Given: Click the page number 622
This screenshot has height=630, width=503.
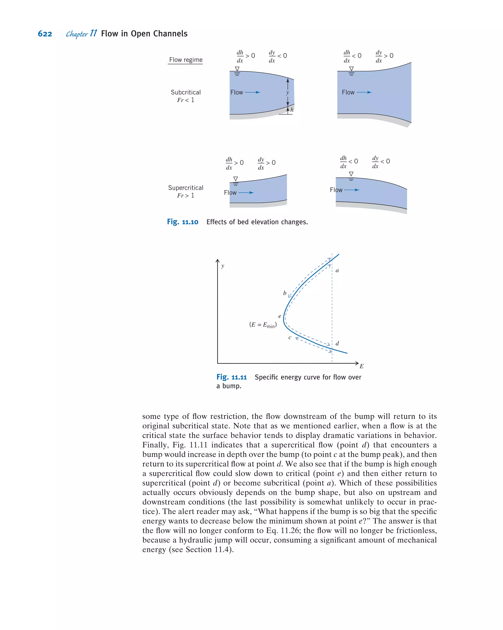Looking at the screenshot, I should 45,34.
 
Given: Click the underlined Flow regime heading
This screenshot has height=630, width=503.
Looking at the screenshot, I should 186,60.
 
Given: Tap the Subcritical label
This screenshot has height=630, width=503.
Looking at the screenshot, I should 186,92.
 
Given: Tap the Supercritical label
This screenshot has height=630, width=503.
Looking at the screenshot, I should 186,188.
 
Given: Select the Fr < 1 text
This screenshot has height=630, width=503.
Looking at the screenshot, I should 186,100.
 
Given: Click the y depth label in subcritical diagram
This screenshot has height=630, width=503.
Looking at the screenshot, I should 288,93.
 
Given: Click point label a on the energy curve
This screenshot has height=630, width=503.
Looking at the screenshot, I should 337,271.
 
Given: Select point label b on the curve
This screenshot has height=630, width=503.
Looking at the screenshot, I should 285,293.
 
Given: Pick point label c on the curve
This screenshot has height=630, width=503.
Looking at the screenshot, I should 290,337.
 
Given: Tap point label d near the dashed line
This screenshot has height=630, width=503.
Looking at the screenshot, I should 337,343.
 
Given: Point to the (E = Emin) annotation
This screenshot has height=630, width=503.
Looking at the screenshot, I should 263,325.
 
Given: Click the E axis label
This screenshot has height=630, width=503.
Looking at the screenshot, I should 362,366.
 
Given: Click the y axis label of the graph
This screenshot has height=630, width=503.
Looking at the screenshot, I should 223,266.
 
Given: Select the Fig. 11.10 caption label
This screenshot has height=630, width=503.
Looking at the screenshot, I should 182,222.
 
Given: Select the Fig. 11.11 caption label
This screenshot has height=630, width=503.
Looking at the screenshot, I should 232,377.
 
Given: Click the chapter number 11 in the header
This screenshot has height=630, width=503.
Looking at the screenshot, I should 93,33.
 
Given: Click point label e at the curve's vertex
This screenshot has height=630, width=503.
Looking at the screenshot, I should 280,316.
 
